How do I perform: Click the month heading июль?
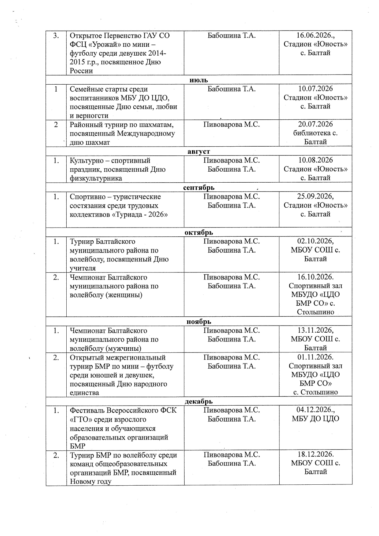click(x=199, y=80)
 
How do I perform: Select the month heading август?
click(x=199, y=151)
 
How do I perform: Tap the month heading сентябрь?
click(x=199, y=188)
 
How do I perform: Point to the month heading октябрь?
click(x=199, y=232)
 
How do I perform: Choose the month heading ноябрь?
click(x=199, y=322)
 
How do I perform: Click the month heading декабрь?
click(x=199, y=401)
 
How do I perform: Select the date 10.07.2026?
click(x=315, y=89)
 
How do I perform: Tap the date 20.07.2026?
click(x=315, y=124)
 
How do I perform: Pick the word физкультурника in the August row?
click(x=96, y=178)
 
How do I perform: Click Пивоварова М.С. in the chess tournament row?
click(x=231, y=124)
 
